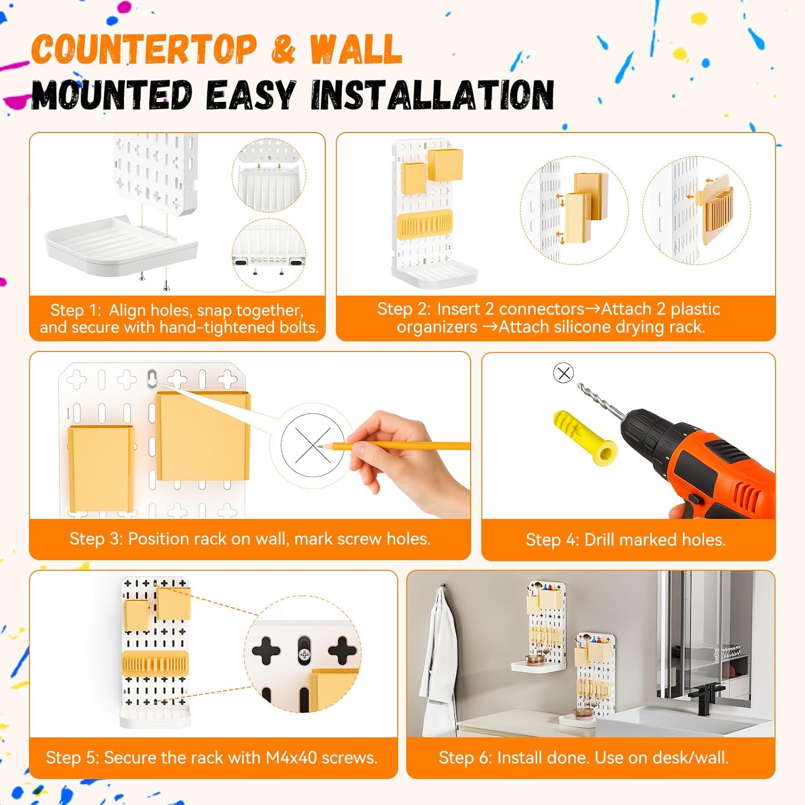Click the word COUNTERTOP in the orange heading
144,49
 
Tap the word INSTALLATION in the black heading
433,95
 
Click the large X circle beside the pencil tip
313,445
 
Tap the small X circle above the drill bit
563,372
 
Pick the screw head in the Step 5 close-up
304,654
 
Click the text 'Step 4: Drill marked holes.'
626,539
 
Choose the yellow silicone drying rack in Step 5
155,664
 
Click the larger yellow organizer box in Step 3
203,436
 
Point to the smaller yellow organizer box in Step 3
101,468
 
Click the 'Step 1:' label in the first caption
76,310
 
